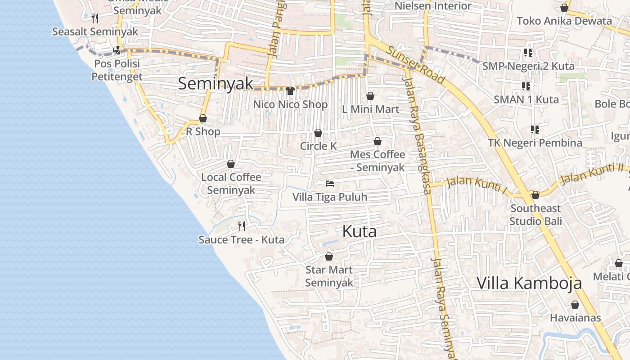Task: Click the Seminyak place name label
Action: coord(216,84)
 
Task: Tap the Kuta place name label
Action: coord(359,231)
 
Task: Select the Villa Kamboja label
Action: coord(529,283)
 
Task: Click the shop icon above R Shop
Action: coord(203,118)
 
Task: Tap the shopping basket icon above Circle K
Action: coord(318,133)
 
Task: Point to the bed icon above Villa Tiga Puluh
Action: coord(330,184)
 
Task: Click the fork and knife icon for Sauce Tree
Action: coord(242,226)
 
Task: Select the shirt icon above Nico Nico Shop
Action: coord(290,91)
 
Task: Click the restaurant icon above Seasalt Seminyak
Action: coord(95,18)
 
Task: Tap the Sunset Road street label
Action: coord(417,66)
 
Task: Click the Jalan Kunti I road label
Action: coord(477,185)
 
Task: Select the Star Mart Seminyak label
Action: coord(329,276)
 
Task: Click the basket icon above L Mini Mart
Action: coord(370,96)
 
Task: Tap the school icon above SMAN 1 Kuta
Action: coord(526,86)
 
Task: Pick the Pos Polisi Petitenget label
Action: coord(117,70)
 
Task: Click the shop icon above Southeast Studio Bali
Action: coord(535,195)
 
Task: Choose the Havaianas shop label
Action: coord(575,318)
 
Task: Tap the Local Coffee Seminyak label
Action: coord(231,184)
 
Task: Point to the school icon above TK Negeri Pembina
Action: coord(535,130)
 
